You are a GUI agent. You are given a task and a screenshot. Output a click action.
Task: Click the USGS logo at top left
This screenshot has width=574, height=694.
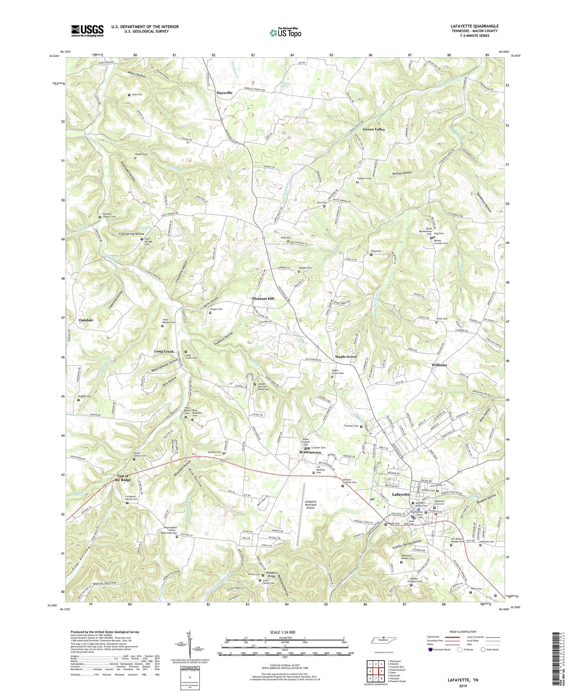coord(87,30)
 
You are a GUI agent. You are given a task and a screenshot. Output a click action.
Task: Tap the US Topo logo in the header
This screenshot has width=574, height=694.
coord(285,33)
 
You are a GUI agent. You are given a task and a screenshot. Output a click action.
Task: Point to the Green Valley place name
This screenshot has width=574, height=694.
coord(374,130)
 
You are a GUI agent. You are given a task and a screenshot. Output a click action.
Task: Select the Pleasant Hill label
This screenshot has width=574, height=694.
coord(263,299)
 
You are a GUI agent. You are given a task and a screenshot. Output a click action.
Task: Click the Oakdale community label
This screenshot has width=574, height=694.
coord(86,320)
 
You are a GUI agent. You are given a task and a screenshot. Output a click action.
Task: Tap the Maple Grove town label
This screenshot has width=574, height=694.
coord(346,357)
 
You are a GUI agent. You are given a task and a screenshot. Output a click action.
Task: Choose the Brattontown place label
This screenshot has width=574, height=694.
coord(310,452)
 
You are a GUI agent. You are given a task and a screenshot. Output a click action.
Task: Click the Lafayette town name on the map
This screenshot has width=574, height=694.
coord(400,494)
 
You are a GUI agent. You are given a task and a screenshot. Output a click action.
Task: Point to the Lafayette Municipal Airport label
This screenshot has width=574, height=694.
coord(310,504)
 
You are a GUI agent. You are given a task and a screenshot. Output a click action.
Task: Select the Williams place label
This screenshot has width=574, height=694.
coord(439,365)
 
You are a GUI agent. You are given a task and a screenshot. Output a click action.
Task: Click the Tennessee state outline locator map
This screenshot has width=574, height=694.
coord(384,640)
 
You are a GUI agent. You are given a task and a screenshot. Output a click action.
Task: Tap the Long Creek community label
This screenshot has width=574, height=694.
coord(164,351)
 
